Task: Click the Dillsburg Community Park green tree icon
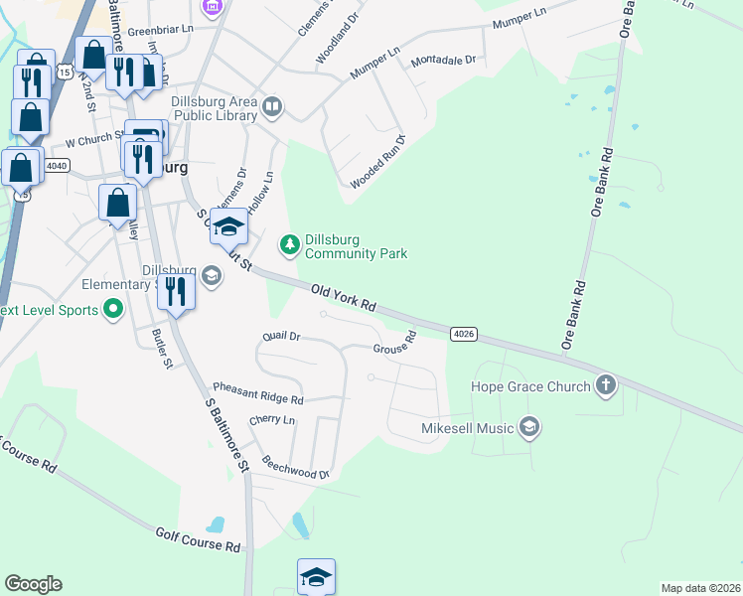click(x=290, y=244)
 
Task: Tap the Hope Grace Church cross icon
click(x=606, y=385)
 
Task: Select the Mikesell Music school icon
click(x=529, y=428)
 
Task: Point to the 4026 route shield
click(x=463, y=334)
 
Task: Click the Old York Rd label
click(x=343, y=299)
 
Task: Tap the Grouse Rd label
click(x=393, y=348)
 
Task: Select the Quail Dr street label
click(x=280, y=337)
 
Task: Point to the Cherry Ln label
click(x=272, y=421)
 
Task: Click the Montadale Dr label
click(x=443, y=60)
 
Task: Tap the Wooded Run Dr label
click(x=378, y=163)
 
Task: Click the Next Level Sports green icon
click(x=112, y=310)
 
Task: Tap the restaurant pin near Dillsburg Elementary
click(x=176, y=292)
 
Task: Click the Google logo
click(x=33, y=584)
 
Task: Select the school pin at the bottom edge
click(x=316, y=576)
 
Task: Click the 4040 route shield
click(x=57, y=166)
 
